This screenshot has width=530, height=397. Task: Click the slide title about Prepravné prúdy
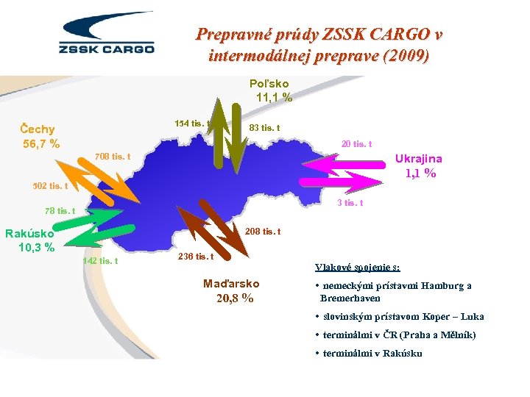[x=319, y=45]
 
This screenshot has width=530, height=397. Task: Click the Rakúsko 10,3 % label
[x=30, y=240]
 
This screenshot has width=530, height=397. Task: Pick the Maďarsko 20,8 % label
[x=231, y=291]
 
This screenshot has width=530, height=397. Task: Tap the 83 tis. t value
[x=264, y=129]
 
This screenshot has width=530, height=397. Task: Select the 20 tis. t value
[x=356, y=144]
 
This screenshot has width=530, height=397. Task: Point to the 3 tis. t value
[x=349, y=203]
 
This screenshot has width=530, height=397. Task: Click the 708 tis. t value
[x=113, y=156]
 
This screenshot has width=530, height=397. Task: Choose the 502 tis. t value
[x=51, y=186]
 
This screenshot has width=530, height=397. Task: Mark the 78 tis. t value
[x=60, y=211]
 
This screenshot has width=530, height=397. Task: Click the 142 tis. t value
[x=101, y=261]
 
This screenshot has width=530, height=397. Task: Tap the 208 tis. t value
[x=262, y=232]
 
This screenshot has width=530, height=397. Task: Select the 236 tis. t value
[x=196, y=257]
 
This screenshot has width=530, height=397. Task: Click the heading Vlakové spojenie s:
[x=363, y=268]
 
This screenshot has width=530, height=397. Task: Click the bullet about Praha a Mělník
[x=395, y=335]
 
